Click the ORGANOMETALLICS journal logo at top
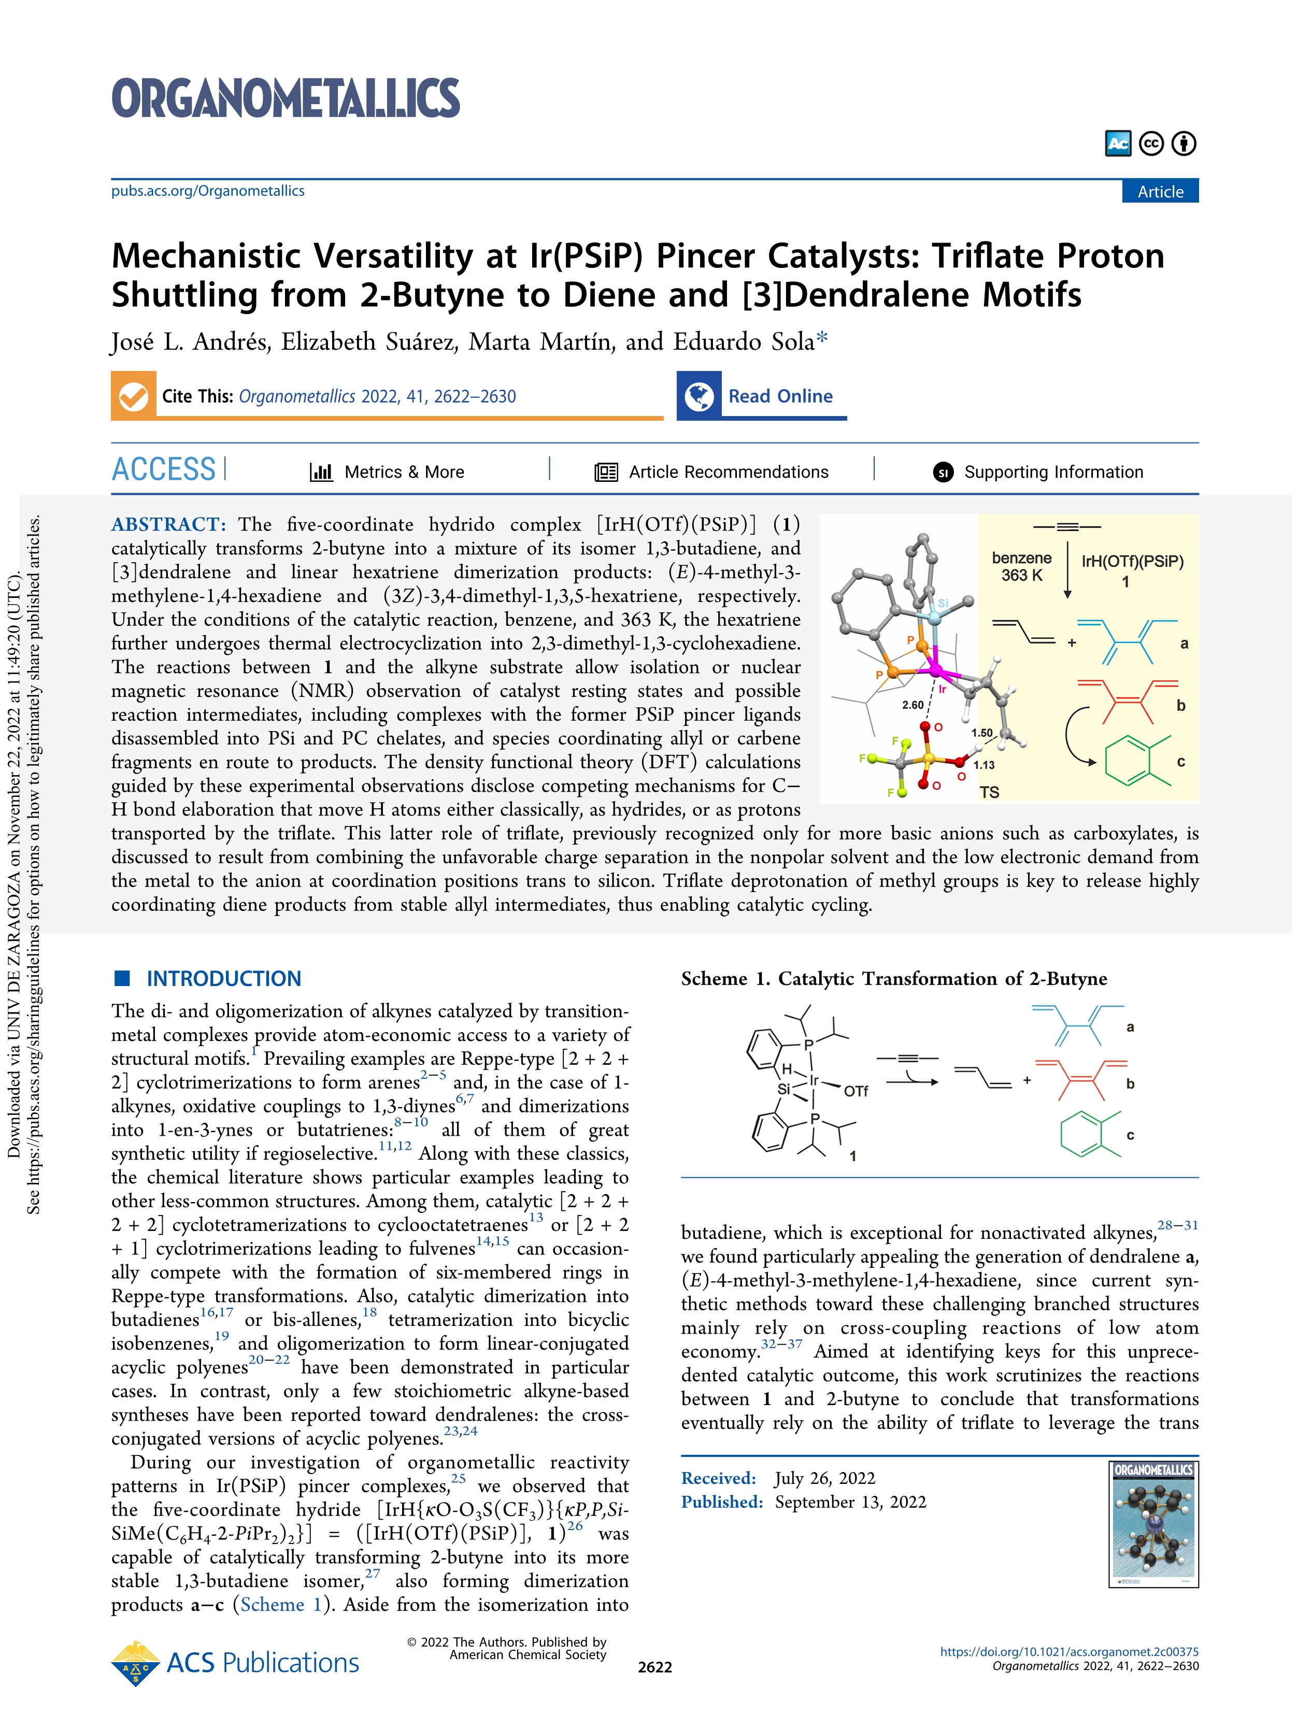click(x=286, y=98)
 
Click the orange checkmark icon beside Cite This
click(x=134, y=396)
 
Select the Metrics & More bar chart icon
click(x=321, y=471)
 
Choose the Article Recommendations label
click(x=728, y=472)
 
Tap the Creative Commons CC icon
click(x=1151, y=144)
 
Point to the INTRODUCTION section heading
click(x=223, y=979)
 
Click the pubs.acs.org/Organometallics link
click(x=208, y=191)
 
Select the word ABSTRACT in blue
click(x=168, y=524)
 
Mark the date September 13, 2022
click(x=850, y=1502)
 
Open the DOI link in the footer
click(x=1068, y=1652)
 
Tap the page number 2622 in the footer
click(x=655, y=1667)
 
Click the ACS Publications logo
click(x=236, y=1663)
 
